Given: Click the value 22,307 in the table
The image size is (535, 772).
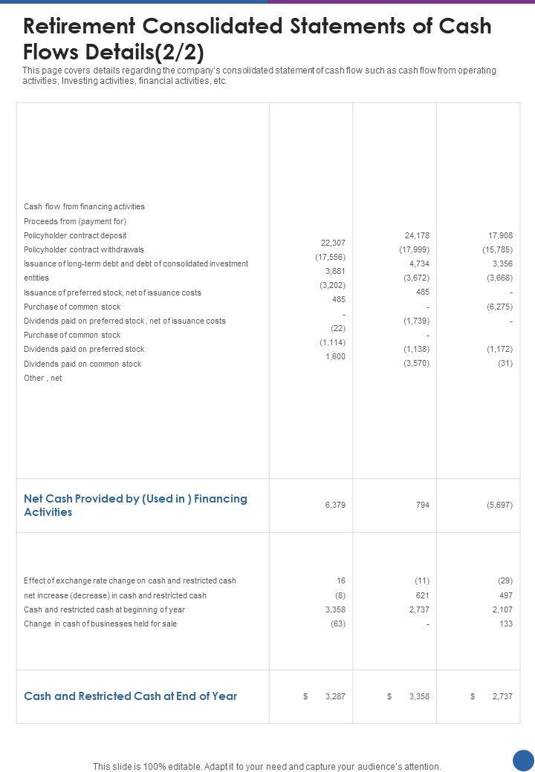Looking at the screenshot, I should (x=333, y=243).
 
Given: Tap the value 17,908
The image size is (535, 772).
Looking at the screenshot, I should (x=500, y=235).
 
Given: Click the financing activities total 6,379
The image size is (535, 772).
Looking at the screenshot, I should (x=335, y=505).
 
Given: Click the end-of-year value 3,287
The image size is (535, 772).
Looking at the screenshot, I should (x=335, y=696).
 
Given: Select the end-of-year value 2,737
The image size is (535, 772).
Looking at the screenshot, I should (x=502, y=696).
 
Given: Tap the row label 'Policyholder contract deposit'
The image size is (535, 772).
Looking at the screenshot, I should (x=75, y=235).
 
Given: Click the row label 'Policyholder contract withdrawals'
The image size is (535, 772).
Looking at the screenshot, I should (x=84, y=249).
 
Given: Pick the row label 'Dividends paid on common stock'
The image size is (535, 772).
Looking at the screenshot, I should (x=82, y=364).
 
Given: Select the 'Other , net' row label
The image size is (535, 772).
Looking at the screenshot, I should (x=43, y=378).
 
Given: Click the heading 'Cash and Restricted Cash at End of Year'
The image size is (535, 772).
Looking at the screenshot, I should (x=131, y=696).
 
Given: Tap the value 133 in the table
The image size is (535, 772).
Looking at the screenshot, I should (x=506, y=624).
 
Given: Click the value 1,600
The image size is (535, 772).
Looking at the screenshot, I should (x=335, y=356).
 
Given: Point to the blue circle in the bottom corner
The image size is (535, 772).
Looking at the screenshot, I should (x=524, y=760).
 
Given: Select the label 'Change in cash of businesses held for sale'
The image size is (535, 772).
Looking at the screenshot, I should (x=100, y=624).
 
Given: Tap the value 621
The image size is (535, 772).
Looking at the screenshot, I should (x=422, y=595).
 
